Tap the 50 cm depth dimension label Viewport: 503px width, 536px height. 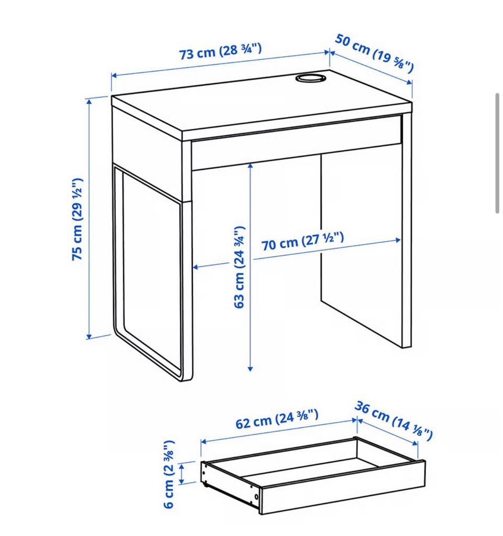(374, 53)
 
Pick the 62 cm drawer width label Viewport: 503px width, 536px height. (277, 419)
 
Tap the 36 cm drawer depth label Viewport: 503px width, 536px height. (393, 420)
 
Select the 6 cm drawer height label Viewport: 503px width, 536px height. (169, 474)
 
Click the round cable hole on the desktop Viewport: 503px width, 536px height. (311, 78)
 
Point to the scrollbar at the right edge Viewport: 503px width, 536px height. (498, 153)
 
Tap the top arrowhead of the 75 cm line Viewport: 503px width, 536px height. (90, 101)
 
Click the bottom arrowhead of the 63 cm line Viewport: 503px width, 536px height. (250, 368)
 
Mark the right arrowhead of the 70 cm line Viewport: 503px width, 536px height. (398, 240)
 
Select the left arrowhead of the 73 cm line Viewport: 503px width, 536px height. (114, 75)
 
